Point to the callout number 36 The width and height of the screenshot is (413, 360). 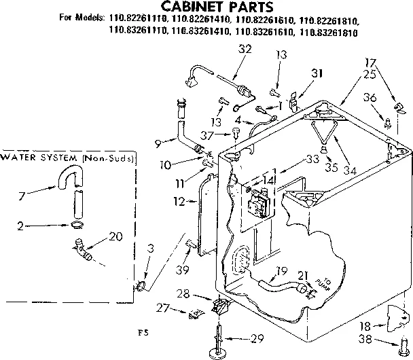coord(370,98)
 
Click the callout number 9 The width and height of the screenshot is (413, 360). coord(158,143)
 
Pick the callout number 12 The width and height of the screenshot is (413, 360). coord(179,201)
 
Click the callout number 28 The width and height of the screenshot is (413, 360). coord(202,293)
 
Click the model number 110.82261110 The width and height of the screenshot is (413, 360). coord(136,20)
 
